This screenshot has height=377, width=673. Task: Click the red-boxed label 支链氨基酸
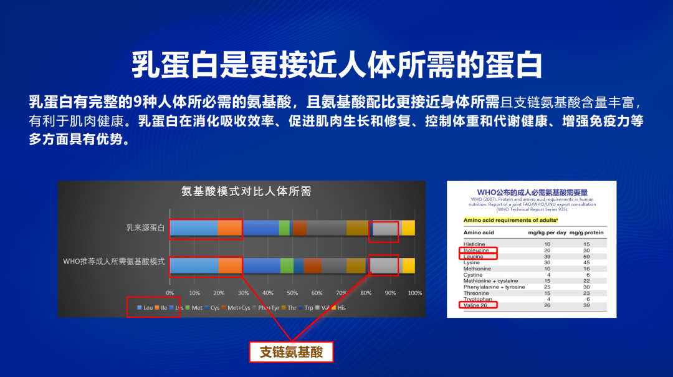click(291, 352)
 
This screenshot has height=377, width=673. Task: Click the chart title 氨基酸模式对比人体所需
click(246, 192)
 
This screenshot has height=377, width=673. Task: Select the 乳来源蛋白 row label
click(145, 228)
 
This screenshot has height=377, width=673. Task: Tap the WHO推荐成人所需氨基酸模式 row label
click(114, 262)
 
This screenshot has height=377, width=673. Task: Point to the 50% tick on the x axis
click(292, 293)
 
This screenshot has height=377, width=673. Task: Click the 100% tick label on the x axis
click(414, 293)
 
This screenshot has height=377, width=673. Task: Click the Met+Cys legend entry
click(238, 308)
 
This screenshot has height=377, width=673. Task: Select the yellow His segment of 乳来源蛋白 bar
click(408, 228)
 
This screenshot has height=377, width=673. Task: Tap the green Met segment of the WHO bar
click(287, 265)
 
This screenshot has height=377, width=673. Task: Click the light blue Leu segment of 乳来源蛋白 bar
click(194, 228)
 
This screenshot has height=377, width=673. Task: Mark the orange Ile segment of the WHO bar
click(231, 265)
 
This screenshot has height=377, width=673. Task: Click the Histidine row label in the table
click(475, 244)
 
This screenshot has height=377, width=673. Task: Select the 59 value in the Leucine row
click(586, 256)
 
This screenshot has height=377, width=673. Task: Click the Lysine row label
click(472, 262)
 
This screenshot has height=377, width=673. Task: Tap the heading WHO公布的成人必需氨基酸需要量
click(532, 192)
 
